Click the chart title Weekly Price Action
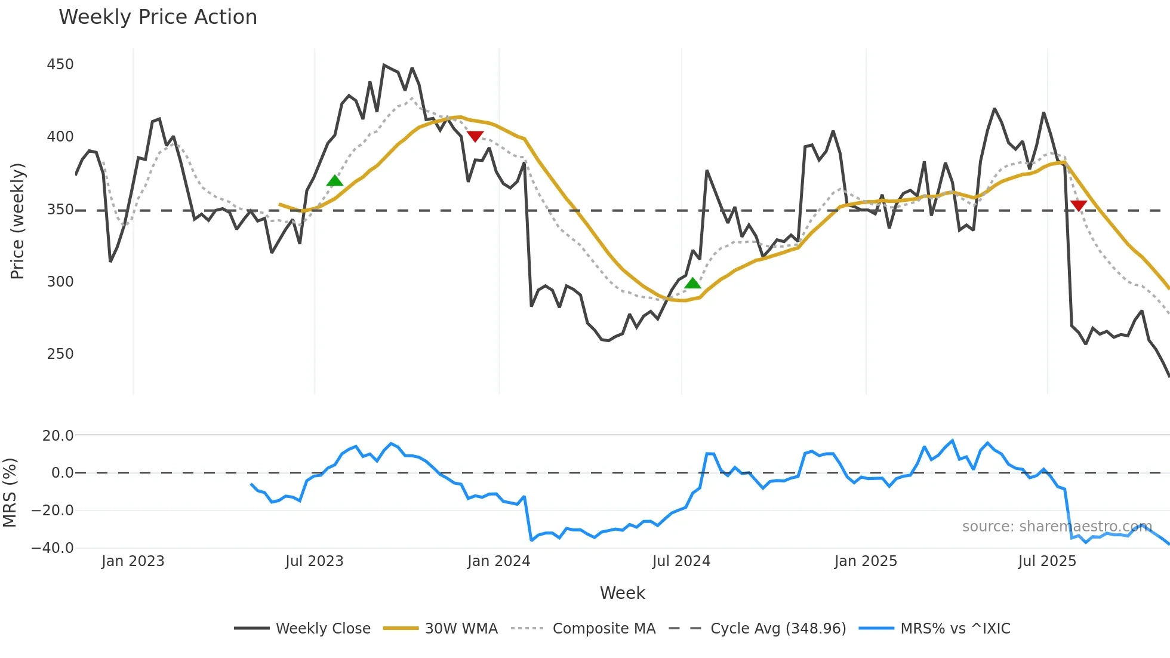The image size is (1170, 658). click(x=158, y=17)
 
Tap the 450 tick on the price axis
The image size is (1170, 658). click(x=60, y=64)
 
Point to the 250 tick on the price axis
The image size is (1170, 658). click(x=60, y=354)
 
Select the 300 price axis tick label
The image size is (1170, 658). click(x=60, y=282)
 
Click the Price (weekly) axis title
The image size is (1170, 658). click(x=17, y=221)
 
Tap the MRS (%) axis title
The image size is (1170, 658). click(x=10, y=493)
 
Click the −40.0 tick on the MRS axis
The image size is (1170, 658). click(x=53, y=548)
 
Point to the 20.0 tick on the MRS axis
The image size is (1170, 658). click(x=58, y=436)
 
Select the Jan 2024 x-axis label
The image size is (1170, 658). click(x=498, y=561)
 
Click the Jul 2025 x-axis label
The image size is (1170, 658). click(x=1047, y=561)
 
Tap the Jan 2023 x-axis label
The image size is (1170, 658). click(x=133, y=561)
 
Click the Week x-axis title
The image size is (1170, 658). click(x=622, y=593)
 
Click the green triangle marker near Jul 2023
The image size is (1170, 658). click(x=335, y=181)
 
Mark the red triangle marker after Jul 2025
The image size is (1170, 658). click(x=1079, y=206)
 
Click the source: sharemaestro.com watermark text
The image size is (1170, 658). click(x=1057, y=527)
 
